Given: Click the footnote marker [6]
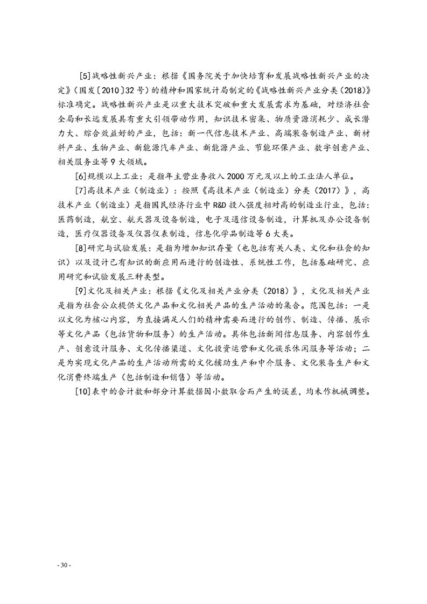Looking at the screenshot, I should (x=83, y=176).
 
